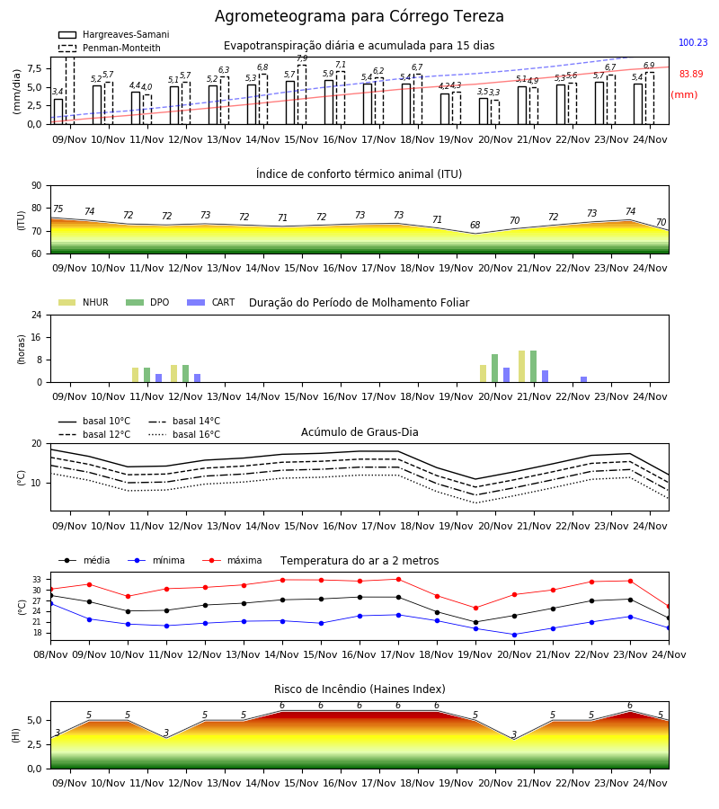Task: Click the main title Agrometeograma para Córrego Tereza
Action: click(359, 16)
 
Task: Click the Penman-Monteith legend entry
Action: click(110, 48)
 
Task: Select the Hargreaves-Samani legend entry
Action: click(113, 34)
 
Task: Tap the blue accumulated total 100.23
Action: click(693, 42)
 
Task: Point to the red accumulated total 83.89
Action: click(691, 74)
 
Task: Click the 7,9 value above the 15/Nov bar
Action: click(302, 58)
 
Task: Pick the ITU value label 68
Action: click(475, 225)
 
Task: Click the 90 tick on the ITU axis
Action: click(37, 186)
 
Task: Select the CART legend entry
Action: click(211, 302)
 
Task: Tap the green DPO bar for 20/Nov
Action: click(494, 369)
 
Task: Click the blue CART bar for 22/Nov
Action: click(583, 379)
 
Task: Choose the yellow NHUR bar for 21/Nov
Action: click(522, 367)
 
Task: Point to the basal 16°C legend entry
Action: click(184, 434)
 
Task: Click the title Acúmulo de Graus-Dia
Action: click(359, 432)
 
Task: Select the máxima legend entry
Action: click(233, 560)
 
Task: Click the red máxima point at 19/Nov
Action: click(475, 609)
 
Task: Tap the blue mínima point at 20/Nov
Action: click(514, 635)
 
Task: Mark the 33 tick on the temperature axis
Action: click(37, 580)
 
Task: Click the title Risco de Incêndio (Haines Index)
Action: click(359, 689)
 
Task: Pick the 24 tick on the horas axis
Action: click(37, 315)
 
